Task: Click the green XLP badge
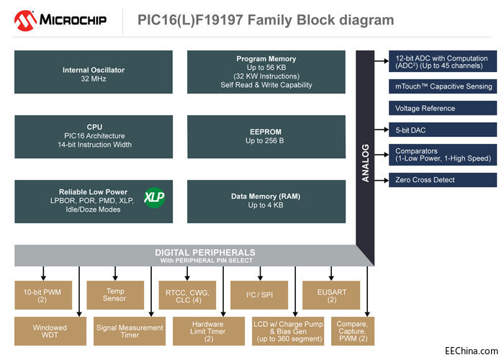click(x=154, y=197)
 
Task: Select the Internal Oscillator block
click(x=94, y=74)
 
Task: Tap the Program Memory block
click(x=266, y=72)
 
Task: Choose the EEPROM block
click(x=266, y=136)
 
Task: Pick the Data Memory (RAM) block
click(x=266, y=200)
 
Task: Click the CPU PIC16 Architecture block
click(x=94, y=136)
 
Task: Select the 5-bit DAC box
click(x=442, y=130)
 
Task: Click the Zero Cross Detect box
click(x=442, y=179)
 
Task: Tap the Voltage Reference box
click(x=442, y=108)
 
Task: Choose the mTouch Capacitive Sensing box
click(x=442, y=86)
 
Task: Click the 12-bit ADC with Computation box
click(x=442, y=62)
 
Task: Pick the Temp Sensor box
click(x=115, y=294)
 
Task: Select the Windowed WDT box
click(x=50, y=331)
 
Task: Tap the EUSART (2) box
click(x=331, y=294)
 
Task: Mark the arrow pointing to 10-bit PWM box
click(x=44, y=273)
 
